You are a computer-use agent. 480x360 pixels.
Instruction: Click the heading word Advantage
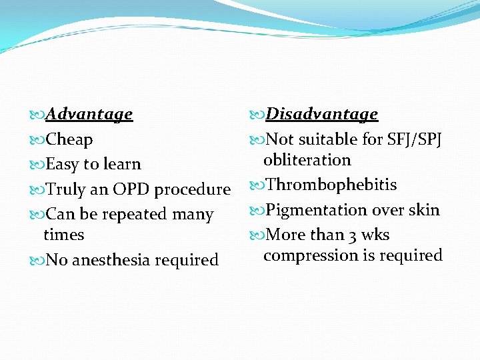(x=89, y=115)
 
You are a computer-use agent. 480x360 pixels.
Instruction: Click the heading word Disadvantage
(x=321, y=115)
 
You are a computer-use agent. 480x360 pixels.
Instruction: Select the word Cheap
(x=69, y=140)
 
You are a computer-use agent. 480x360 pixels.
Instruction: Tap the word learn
(x=121, y=165)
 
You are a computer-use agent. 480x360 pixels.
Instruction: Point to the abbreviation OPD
(x=131, y=189)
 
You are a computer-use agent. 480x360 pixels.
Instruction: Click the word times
(x=63, y=235)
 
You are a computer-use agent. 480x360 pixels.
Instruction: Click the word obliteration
(x=307, y=160)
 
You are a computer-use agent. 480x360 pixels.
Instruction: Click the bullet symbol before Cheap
(x=38, y=140)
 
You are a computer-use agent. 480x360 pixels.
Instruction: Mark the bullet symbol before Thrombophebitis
(x=258, y=185)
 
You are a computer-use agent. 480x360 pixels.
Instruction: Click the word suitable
(x=327, y=140)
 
